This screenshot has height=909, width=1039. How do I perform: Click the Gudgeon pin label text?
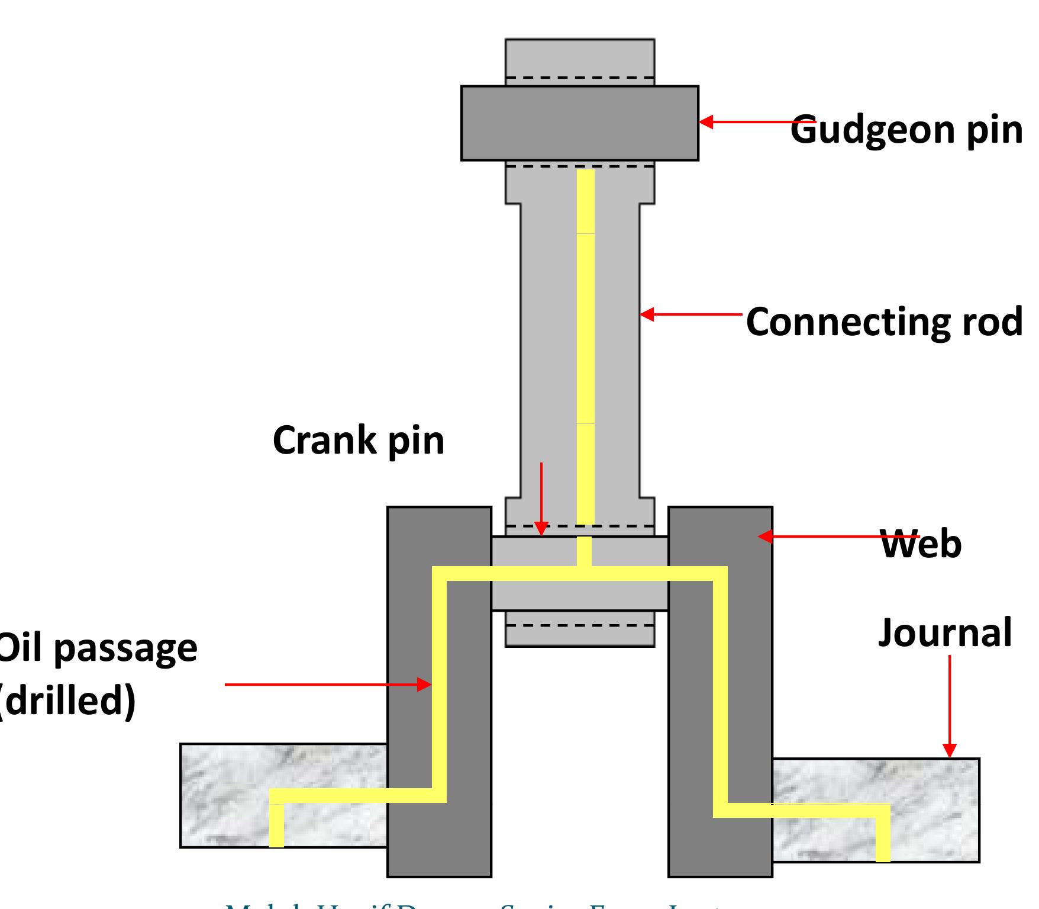[x=906, y=130]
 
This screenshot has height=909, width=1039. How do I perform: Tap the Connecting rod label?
[x=884, y=323]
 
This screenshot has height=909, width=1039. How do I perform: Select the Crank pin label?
[x=358, y=441]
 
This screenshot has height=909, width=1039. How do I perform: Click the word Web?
[x=921, y=545]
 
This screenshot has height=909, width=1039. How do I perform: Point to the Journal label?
[x=944, y=633]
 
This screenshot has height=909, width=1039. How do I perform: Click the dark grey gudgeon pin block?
[x=579, y=123]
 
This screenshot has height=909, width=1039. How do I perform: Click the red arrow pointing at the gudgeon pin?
[x=746, y=122]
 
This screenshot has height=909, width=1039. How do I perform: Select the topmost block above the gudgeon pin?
[x=579, y=57]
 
